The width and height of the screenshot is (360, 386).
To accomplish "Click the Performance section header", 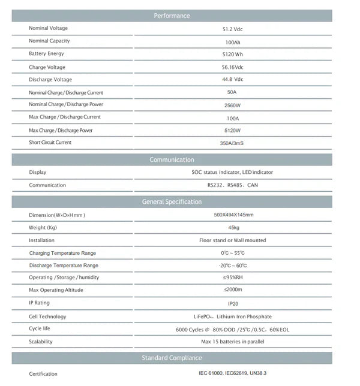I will click(172, 16).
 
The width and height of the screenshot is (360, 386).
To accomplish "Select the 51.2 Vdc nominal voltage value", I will click(232, 29).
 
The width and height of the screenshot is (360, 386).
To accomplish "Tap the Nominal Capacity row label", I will click(49, 41).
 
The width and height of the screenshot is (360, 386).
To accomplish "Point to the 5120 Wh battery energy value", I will click(232, 54).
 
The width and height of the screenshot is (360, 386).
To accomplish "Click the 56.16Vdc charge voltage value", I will click(232, 67).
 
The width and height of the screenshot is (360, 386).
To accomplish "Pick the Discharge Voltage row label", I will click(50, 80).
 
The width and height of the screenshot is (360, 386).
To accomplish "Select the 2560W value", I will click(232, 105).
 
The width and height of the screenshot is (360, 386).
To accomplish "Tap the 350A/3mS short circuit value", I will click(232, 143).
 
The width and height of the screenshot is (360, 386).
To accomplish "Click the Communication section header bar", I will click(172, 159).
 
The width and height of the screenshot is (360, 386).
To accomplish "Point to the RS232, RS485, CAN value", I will click(232, 185).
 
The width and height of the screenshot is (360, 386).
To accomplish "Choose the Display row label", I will click(37, 172).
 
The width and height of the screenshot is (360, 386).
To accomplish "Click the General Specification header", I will click(172, 202).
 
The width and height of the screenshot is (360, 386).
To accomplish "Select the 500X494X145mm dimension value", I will click(233, 215).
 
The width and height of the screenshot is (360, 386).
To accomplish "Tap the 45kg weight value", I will click(233, 228).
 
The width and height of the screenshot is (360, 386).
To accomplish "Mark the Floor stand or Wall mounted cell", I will click(233, 240).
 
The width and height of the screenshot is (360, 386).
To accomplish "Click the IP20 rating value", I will click(233, 304).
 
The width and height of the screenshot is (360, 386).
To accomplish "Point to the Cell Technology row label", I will click(47, 316).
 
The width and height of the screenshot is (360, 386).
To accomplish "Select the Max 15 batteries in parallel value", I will click(233, 342).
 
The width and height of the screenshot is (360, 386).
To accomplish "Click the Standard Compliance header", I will click(172, 358).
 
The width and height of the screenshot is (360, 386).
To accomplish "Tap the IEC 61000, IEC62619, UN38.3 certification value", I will click(233, 373).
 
